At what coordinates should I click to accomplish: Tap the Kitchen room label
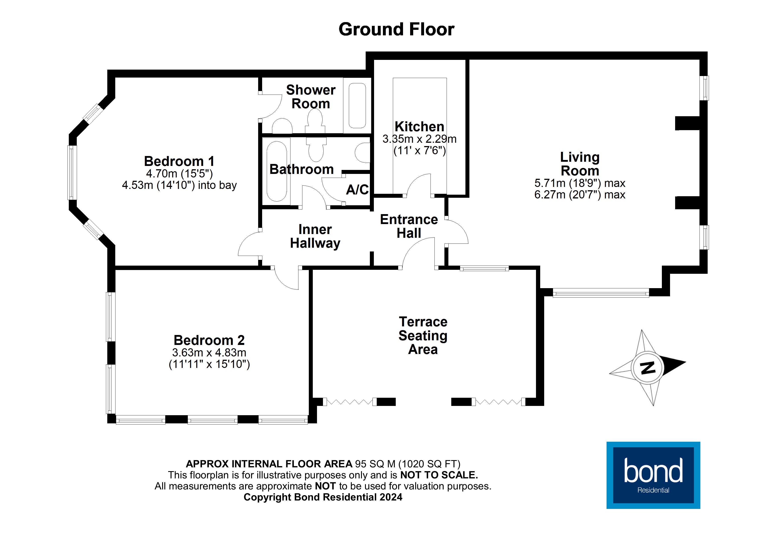[x=419, y=127]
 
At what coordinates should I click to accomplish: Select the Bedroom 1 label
[x=179, y=161]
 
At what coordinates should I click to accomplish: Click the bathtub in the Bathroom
[x=277, y=171]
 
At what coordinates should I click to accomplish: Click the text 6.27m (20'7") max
[x=580, y=195]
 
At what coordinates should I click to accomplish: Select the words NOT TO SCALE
[x=439, y=475]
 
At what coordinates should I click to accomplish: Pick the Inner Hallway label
[x=315, y=236]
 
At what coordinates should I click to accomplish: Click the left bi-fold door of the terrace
[x=350, y=402]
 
